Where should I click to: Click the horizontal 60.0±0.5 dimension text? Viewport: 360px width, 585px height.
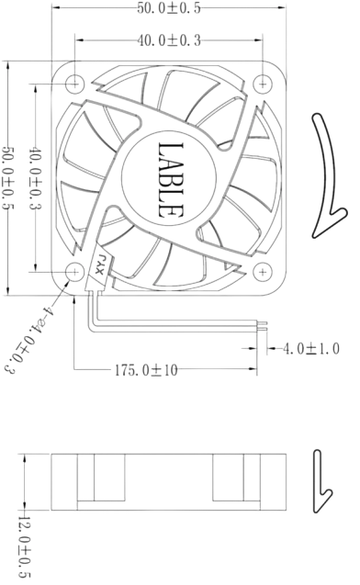point(168,9)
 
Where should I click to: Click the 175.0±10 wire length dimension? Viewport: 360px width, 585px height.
point(144,370)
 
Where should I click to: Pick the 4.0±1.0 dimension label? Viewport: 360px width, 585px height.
point(312,349)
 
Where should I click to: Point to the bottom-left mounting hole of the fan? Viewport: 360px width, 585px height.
point(76,273)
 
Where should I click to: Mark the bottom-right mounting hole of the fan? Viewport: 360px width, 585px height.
point(264,272)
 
